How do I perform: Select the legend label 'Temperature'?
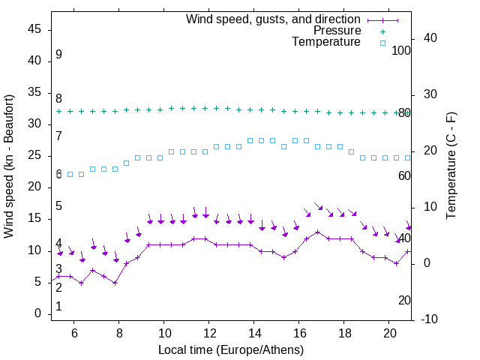pos(326,42)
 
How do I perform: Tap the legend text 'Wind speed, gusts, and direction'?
pos(274,19)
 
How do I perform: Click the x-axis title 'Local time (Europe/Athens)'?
pos(231,349)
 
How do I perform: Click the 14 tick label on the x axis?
pos(254,332)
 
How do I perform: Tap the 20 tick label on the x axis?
pos(389,332)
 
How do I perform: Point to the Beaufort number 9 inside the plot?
pos(58,55)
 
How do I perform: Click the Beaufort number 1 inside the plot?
pos(58,306)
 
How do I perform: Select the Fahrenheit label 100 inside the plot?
pos(401,50)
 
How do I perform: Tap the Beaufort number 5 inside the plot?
pos(58,206)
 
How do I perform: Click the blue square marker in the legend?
pos(382,43)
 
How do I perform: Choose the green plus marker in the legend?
pos(382,31)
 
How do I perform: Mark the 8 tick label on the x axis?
pos(118,332)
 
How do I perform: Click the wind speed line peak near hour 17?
pos(318,232)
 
